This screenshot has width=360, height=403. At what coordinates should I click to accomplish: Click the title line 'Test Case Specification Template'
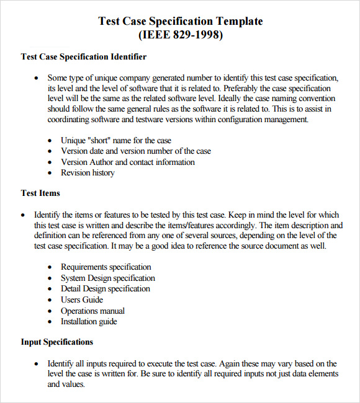pos(181,21)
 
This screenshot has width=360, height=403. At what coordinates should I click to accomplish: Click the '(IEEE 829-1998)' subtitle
pos(180,35)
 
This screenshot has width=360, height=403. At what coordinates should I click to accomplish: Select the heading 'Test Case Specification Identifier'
pos(84,57)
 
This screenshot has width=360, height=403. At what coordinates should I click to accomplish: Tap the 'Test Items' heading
pos(40,193)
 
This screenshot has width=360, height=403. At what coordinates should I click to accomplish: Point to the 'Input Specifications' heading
pos(57,342)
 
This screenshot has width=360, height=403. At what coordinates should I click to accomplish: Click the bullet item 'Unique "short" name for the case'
pos(115,140)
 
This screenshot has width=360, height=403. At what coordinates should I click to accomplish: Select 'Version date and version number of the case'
pos(135,151)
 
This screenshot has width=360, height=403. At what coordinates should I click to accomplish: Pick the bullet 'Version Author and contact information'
pos(127,162)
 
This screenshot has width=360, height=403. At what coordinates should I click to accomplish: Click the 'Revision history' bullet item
pos(88,173)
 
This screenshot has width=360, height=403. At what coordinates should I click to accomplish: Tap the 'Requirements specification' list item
pos(106,267)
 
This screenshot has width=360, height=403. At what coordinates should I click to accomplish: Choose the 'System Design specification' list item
pos(107,278)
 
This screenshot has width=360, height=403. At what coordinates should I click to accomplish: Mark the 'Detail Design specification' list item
pos(105,289)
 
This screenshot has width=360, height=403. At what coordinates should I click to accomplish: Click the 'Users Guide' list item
pos(82,300)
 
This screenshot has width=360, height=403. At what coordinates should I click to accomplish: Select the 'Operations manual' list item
pos(92,311)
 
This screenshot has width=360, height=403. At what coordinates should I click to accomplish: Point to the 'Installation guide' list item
pos(89,322)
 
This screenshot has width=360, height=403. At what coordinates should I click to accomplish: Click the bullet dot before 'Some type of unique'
pos(36,78)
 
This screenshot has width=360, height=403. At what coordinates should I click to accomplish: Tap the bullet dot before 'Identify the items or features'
pos(23,215)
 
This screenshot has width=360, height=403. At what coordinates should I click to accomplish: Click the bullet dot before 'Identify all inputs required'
pos(36,364)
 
